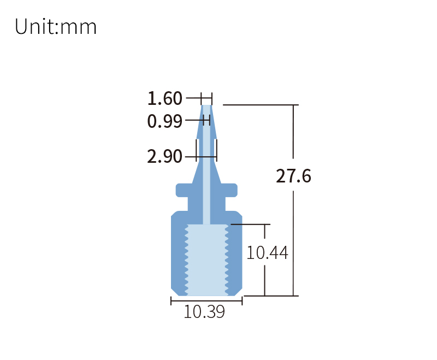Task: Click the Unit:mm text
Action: coord(56,27)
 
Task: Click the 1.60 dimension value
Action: coord(164,99)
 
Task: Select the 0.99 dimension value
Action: coord(164,121)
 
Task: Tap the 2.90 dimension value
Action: coord(164,157)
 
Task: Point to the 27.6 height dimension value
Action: coord(293,176)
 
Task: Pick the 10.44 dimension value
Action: coord(267,253)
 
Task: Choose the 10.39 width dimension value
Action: coord(204,312)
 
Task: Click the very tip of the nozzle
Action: coord(206,106)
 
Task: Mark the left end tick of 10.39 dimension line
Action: coord(172,301)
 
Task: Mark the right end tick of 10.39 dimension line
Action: coord(242,301)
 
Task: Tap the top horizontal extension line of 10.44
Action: coord(251,224)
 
